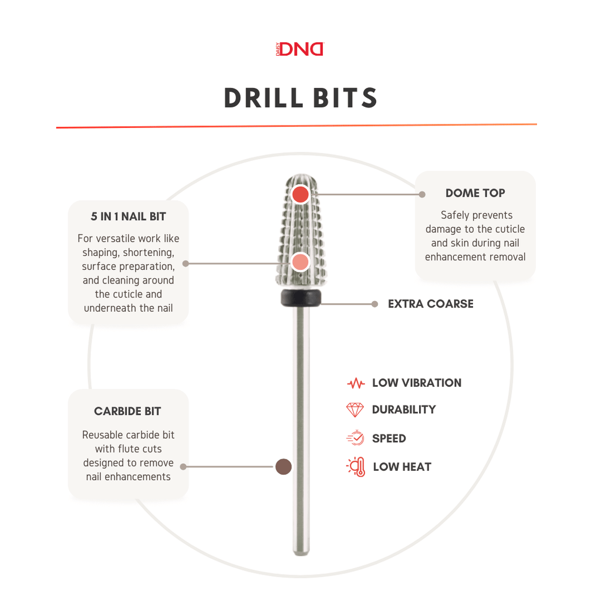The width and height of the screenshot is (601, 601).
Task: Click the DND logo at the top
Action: click(x=300, y=49)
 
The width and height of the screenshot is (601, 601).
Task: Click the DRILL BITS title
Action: click(x=301, y=98)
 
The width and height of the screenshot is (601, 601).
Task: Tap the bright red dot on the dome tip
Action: click(x=300, y=194)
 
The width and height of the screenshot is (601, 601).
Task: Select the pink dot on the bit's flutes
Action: click(x=300, y=262)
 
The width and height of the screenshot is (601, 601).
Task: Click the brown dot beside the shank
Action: click(x=283, y=467)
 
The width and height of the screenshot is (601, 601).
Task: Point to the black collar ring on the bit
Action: click(x=301, y=298)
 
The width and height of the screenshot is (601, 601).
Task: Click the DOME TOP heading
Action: click(x=475, y=193)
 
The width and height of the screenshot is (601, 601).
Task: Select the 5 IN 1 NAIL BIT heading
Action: click(x=129, y=217)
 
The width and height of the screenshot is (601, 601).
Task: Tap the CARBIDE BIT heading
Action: click(x=127, y=411)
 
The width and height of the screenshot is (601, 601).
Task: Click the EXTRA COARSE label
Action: click(x=431, y=304)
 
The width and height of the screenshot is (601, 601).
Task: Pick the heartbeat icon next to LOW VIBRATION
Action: click(x=356, y=383)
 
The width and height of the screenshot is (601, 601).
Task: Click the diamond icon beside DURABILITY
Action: click(x=355, y=410)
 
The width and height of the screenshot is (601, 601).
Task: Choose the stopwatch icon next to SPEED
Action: click(x=355, y=438)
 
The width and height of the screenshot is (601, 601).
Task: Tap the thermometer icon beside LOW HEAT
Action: click(x=356, y=467)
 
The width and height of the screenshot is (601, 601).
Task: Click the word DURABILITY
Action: click(x=404, y=410)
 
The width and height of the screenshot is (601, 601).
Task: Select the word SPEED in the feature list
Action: click(x=389, y=438)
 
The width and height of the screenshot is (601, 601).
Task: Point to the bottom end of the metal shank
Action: click(x=301, y=553)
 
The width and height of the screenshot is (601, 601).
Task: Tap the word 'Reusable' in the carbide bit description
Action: click(x=99, y=435)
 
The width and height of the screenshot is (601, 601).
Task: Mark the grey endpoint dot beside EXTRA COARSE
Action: click(x=375, y=304)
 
